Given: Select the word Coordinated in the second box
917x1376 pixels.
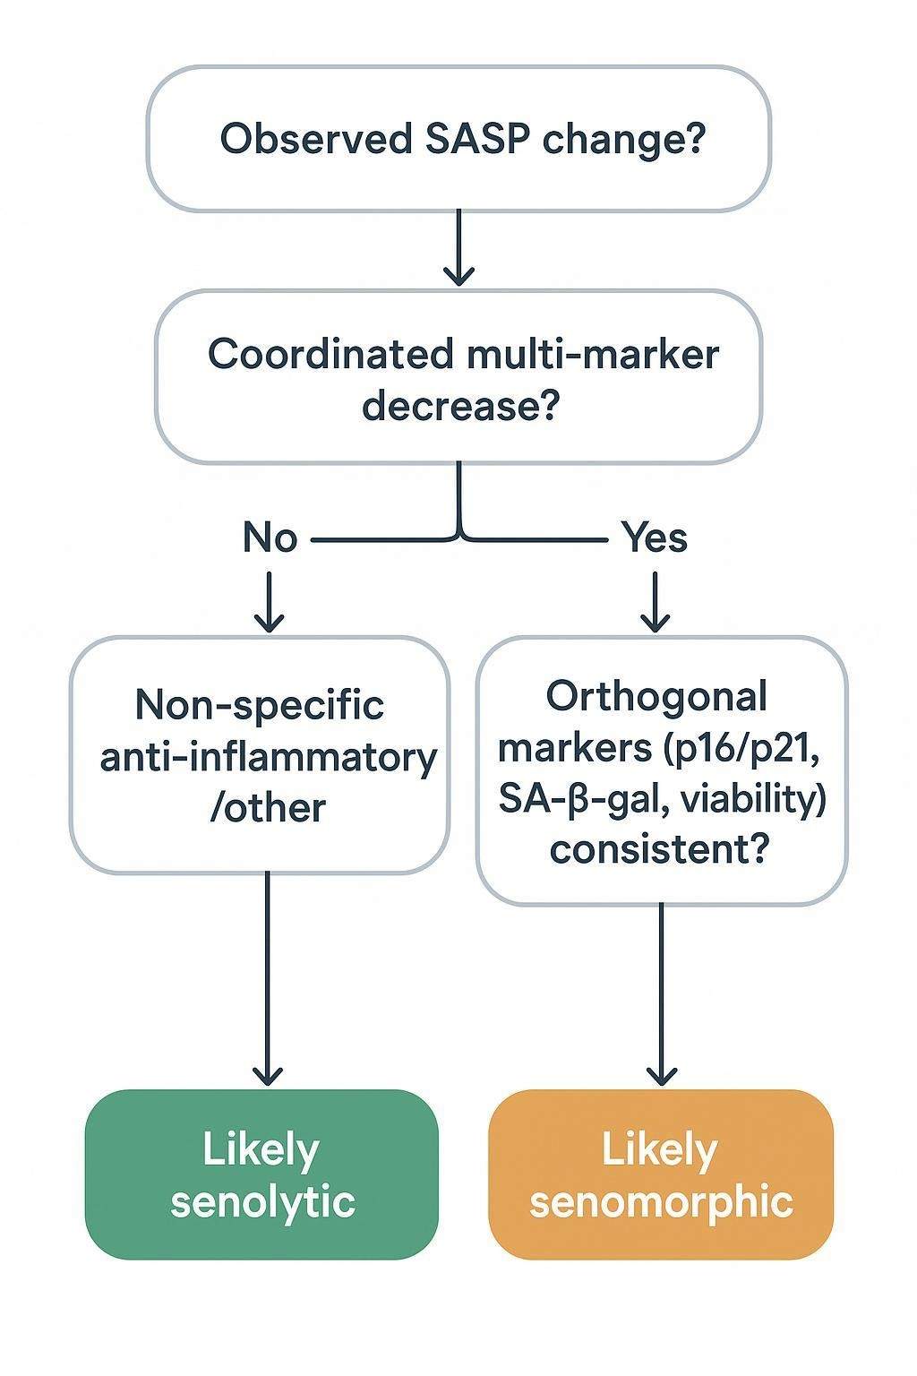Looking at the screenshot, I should coord(330,354).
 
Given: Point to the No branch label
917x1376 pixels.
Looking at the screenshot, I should coord(270,538).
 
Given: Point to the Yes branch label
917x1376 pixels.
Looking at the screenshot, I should coord(655,538).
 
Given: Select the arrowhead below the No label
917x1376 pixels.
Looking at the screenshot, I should coord(270,618).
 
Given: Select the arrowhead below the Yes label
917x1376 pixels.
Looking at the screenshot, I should coord(656,618).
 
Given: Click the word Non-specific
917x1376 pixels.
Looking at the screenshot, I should coord(260,705).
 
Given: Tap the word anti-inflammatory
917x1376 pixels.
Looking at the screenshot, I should coord(268,757).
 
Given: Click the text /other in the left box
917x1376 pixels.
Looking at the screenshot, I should coord(267,807).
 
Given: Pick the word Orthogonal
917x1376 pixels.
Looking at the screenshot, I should coord(656,696).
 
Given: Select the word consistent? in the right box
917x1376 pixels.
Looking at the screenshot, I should coord(659,848).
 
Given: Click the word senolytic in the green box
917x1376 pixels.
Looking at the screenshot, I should coord(262,1201).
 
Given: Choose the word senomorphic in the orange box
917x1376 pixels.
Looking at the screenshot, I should coord(661,1201).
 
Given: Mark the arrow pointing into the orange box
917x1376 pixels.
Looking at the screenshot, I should coord(662,994).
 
